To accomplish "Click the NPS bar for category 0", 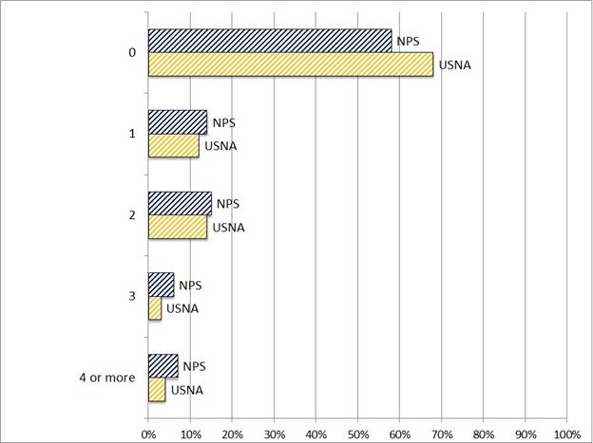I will point(270,41).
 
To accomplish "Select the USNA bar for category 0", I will point(291,65).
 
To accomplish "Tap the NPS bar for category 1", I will point(178,122).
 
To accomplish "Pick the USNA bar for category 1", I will point(174,146).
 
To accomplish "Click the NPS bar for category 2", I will point(180,204).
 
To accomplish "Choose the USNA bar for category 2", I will point(178,228).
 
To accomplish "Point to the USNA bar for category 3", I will point(155,309).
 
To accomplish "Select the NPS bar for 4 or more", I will point(163,366).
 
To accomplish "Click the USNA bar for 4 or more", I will point(157,390).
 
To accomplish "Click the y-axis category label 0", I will point(132,53).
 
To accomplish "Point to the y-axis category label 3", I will point(132,297).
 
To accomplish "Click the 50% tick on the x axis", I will point(358,434).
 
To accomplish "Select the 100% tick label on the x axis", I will point(567,434).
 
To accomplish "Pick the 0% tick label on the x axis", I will point(148,434).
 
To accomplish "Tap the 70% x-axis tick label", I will point(442,434).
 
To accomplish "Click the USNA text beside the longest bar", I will point(454,65).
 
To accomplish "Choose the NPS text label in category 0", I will point(409,41).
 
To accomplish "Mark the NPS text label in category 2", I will point(228,204).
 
